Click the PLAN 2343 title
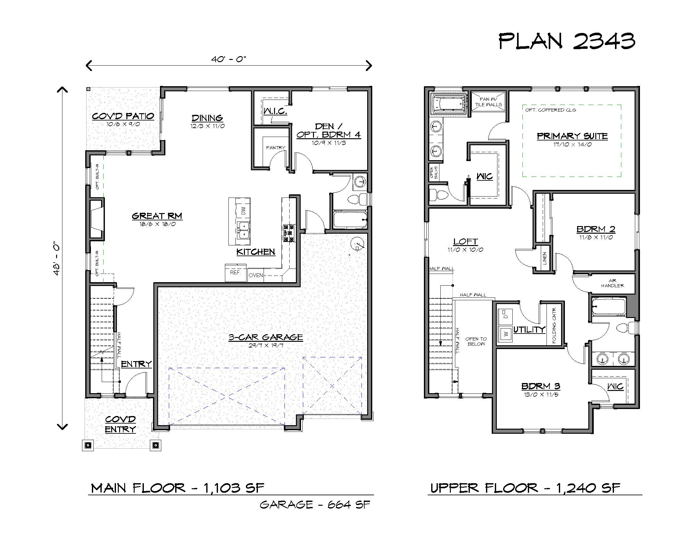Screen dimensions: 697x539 pyautogui.click(x=567, y=41)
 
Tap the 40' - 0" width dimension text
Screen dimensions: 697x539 pyautogui.click(x=229, y=59)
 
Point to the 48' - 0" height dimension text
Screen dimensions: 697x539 pyautogui.click(x=56, y=258)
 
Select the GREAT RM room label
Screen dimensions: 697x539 pyautogui.click(x=157, y=216)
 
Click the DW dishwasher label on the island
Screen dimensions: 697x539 pyautogui.click(x=243, y=211)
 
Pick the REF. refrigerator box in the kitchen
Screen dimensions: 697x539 pyautogui.click(x=235, y=273)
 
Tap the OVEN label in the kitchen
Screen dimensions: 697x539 pyautogui.click(x=256, y=275)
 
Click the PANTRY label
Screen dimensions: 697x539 pyautogui.click(x=276, y=147)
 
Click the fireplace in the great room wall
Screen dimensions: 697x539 pyautogui.click(x=96, y=219)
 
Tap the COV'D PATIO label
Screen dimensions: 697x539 pyautogui.click(x=123, y=116)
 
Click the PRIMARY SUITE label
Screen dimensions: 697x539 pyautogui.click(x=572, y=136)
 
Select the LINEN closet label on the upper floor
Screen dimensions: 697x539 pyautogui.click(x=544, y=258)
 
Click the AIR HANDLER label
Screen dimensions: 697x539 pyautogui.click(x=612, y=283)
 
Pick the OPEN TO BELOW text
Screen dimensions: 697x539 pyautogui.click(x=476, y=341)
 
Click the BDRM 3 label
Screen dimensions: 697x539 pyautogui.click(x=540, y=386)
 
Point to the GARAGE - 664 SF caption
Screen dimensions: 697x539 pyautogui.click(x=315, y=504)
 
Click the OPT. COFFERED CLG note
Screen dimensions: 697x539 pyautogui.click(x=551, y=110)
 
